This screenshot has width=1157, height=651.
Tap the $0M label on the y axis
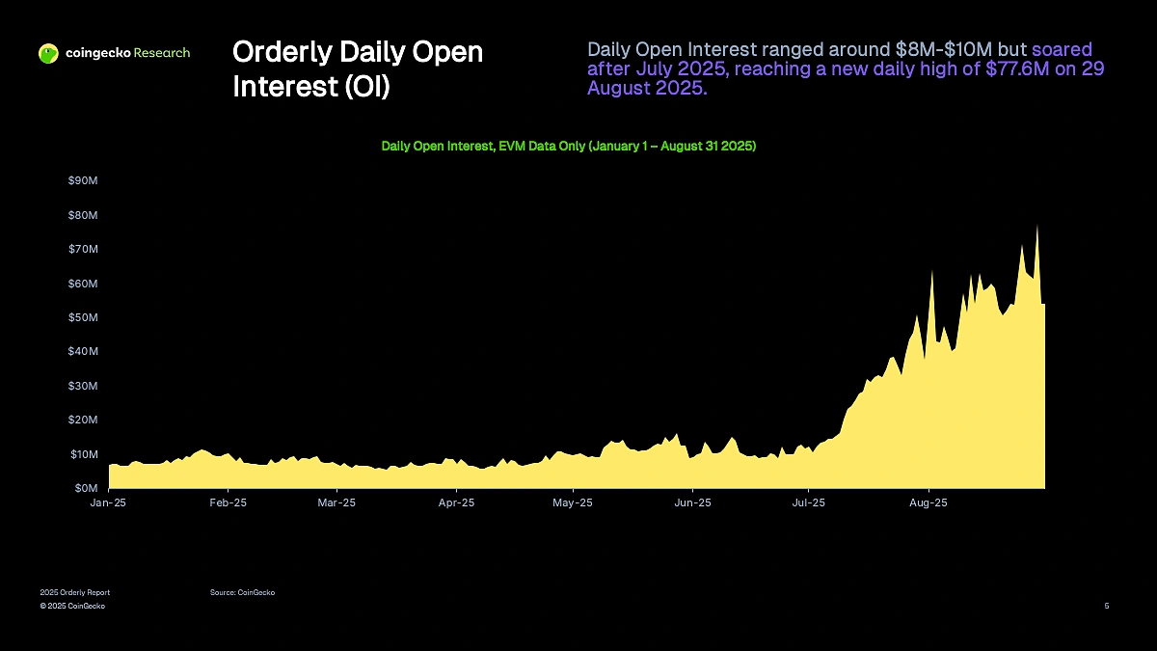click(x=84, y=488)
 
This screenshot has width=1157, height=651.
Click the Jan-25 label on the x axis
click(x=108, y=502)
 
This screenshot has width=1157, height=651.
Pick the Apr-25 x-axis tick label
click(x=456, y=502)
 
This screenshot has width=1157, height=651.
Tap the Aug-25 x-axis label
click(x=928, y=502)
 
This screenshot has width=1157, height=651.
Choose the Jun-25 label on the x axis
click(x=692, y=502)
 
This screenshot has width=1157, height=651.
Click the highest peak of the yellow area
click(x=1037, y=227)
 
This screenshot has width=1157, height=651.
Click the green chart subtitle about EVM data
click(x=569, y=147)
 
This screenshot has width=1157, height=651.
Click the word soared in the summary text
click(x=1062, y=49)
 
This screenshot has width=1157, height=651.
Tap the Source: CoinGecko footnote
click(x=242, y=592)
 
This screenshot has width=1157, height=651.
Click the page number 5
click(x=1106, y=606)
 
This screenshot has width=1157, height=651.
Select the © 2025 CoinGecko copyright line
click(x=72, y=606)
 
